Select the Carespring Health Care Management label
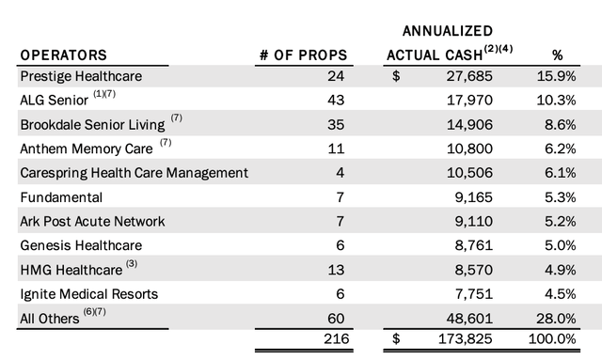pos(135,172)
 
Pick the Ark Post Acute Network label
pos(93,221)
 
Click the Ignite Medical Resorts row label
pos(89,293)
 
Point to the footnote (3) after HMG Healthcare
pos(131,264)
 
